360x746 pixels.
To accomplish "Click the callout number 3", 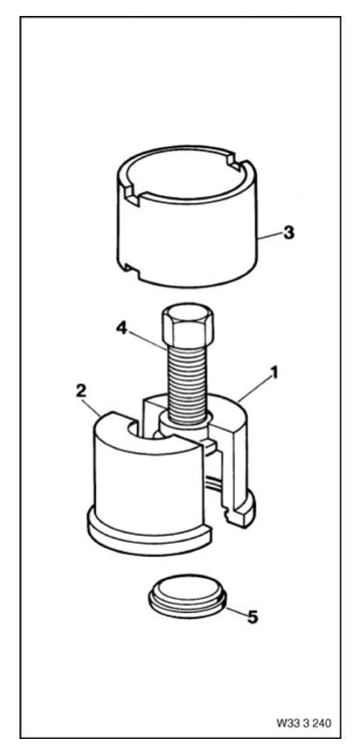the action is pos(288,233).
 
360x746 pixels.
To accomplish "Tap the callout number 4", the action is pos(122,329).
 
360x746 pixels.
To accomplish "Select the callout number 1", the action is pos(273,373).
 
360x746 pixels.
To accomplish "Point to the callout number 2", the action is pos(81,391).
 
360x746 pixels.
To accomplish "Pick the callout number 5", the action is pos(252,617).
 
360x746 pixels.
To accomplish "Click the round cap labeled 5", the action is pos(188,596).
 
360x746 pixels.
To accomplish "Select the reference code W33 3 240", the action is pos(304,723).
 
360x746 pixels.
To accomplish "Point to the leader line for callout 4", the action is pos(148,339).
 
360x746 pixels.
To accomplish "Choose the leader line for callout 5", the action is pos(236,612).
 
